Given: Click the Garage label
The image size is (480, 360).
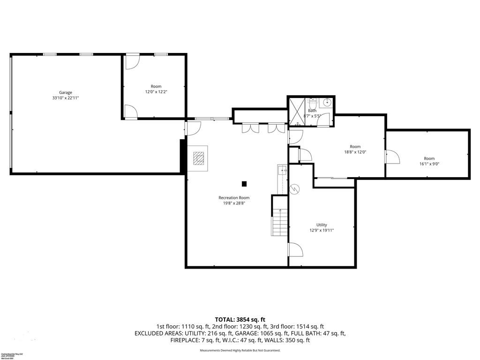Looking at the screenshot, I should click(x=65, y=92).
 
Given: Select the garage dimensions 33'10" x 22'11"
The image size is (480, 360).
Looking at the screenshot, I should click(x=65, y=98).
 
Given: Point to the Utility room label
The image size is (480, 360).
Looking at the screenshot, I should click(x=322, y=225).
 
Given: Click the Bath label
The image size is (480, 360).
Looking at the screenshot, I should click(x=312, y=111).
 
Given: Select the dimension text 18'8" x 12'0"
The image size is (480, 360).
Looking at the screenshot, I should click(x=355, y=152).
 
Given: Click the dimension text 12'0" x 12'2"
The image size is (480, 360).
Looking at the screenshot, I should click(x=156, y=92).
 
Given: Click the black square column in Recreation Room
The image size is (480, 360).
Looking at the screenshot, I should click(x=244, y=183).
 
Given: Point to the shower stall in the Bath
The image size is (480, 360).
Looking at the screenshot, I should click(x=296, y=112).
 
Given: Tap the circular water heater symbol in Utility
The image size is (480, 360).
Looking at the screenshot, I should click(x=295, y=189).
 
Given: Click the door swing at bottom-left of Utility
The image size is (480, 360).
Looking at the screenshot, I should click(x=295, y=250).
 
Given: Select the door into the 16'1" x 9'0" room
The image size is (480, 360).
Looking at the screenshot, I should click(x=392, y=157).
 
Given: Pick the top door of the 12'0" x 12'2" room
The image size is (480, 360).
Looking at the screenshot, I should click(x=132, y=61).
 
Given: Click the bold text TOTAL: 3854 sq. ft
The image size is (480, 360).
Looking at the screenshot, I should click(x=240, y=319).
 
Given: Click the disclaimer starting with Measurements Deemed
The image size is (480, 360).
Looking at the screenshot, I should click(x=240, y=350).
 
